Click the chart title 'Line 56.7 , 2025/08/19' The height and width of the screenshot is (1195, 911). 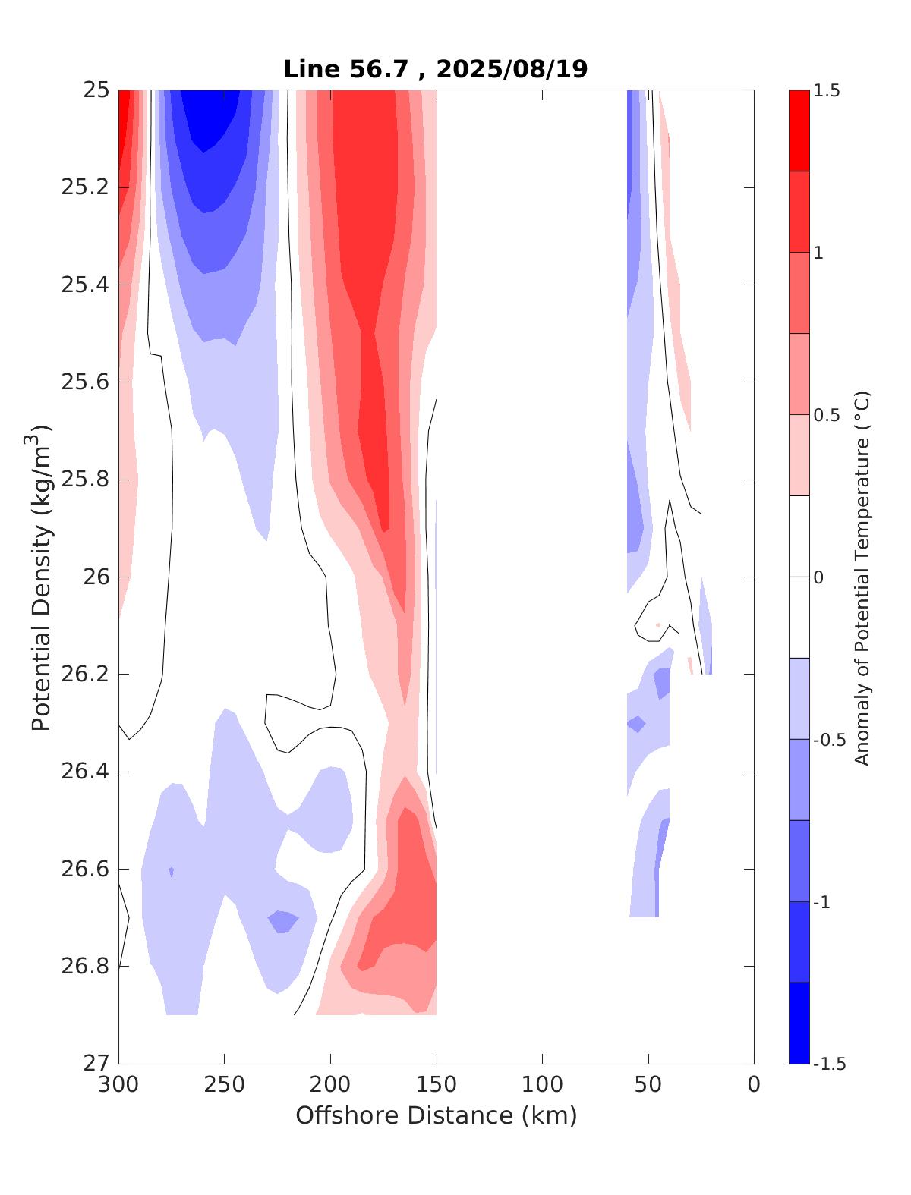[435, 69]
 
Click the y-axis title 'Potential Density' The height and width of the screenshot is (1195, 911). [42, 577]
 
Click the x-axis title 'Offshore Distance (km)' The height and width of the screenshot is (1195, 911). [436, 1115]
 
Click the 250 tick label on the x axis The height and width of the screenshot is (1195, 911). [225, 1085]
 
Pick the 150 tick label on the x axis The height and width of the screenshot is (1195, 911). [437, 1085]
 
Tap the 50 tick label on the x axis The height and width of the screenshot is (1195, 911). [648, 1085]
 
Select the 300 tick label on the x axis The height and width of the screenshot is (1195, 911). [119, 1085]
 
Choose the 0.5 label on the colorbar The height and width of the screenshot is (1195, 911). [826, 415]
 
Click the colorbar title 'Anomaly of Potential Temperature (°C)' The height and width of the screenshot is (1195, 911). [862, 577]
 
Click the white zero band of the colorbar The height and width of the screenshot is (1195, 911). [799, 577]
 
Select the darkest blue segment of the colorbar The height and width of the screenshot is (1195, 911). [799, 1023]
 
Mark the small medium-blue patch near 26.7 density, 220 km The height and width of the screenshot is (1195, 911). [283, 922]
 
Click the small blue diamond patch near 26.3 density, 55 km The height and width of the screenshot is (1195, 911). [636, 723]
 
